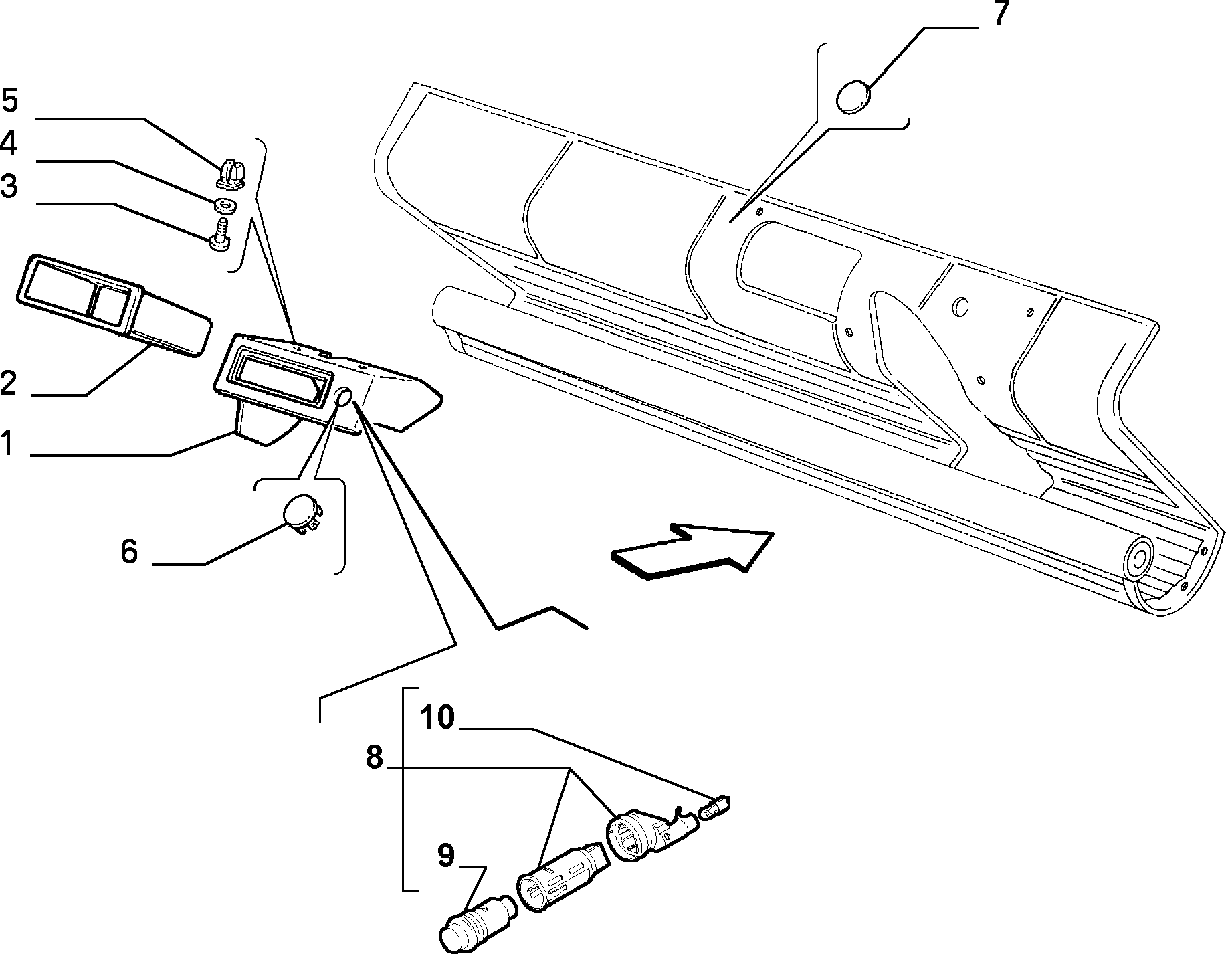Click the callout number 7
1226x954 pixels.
click(x=999, y=13)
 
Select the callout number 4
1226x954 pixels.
click(x=9, y=144)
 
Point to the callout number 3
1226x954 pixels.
click(x=9, y=187)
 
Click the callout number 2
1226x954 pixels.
click(x=9, y=385)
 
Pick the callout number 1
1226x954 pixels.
click(x=7, y=444)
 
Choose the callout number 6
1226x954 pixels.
click(x=129, y=552)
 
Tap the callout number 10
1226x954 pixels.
click(x=438, y=718)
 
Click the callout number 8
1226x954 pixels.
click(x=375, y=758)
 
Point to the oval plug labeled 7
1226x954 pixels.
click(x=854, y=97)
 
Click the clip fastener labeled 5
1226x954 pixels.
click(x=231, y=173)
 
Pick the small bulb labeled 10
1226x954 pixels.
click(x=714, y=808)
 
